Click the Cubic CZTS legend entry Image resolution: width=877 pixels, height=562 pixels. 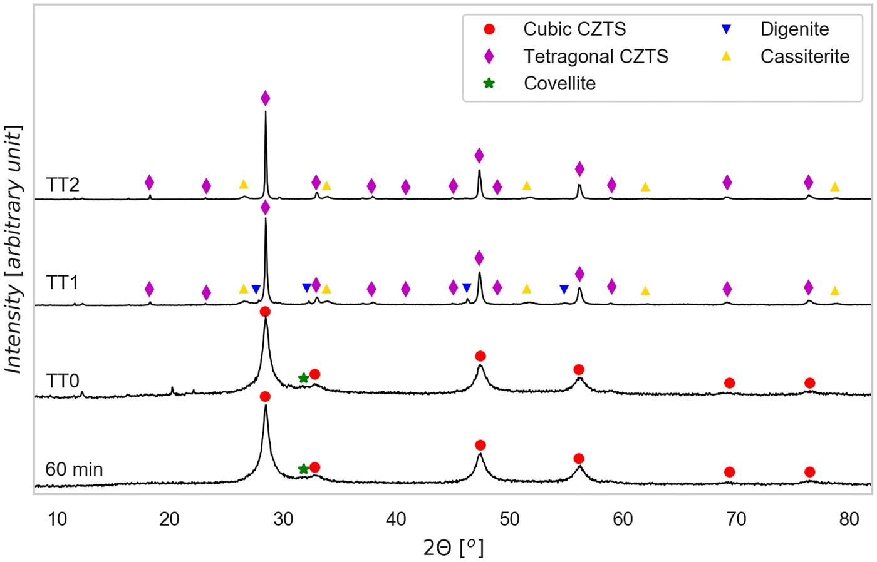574,29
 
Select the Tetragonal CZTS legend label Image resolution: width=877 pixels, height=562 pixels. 595,57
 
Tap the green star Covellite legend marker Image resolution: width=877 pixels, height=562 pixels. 489,84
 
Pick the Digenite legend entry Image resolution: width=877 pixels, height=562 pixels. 794,29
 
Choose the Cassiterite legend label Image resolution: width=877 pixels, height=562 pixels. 804,57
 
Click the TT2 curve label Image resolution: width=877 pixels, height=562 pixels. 63,185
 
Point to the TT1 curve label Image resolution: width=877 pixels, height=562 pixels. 63,283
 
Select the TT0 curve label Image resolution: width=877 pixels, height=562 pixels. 63,381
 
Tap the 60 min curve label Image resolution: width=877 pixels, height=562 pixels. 74,469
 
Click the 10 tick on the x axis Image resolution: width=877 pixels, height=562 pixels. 57,519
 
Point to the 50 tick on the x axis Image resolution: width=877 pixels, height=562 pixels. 510,519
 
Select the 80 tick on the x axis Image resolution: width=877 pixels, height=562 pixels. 849,519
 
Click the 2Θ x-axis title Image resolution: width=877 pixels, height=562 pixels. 454,548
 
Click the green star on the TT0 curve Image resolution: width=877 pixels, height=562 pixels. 303,378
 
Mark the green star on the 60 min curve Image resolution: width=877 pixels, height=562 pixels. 303,469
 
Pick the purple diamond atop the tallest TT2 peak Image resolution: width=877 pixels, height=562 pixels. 265,98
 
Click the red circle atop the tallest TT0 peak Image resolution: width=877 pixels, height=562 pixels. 265,312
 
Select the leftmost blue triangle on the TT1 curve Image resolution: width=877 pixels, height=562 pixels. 256,289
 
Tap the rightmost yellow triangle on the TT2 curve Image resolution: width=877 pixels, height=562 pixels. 834,187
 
